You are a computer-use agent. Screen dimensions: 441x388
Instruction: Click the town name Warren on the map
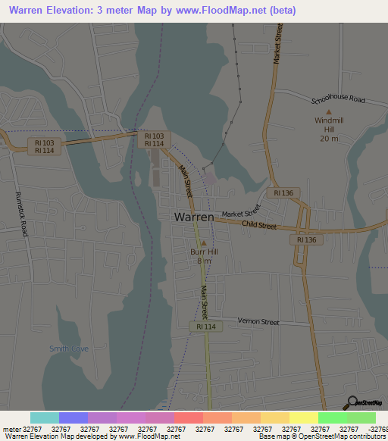click(x=194, y=217)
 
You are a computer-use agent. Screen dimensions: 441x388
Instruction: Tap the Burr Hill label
click(x=204, y=251)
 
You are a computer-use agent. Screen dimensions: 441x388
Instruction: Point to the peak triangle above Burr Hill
click(x=204, y=242)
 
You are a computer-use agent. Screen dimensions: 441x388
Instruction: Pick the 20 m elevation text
click(x=328, y=139)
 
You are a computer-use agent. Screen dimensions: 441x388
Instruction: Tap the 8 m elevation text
click(x=204, y=261)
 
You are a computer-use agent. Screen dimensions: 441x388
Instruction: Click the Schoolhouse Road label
click(x=338, y=99)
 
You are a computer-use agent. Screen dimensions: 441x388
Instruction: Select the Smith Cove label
click(x=69, y=349)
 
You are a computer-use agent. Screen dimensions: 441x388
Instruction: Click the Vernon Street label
click(x=258, y=322)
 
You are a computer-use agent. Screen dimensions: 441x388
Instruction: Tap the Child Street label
click(x=259, y=225)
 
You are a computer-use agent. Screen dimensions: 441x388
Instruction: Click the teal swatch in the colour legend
click(x=45, y=418)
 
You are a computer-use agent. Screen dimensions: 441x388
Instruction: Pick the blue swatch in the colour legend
click(x=74, y=418)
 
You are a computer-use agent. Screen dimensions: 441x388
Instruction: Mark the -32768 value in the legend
click(x=377, y=428)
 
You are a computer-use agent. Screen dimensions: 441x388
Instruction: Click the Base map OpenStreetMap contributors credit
click(x=322, y=436)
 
